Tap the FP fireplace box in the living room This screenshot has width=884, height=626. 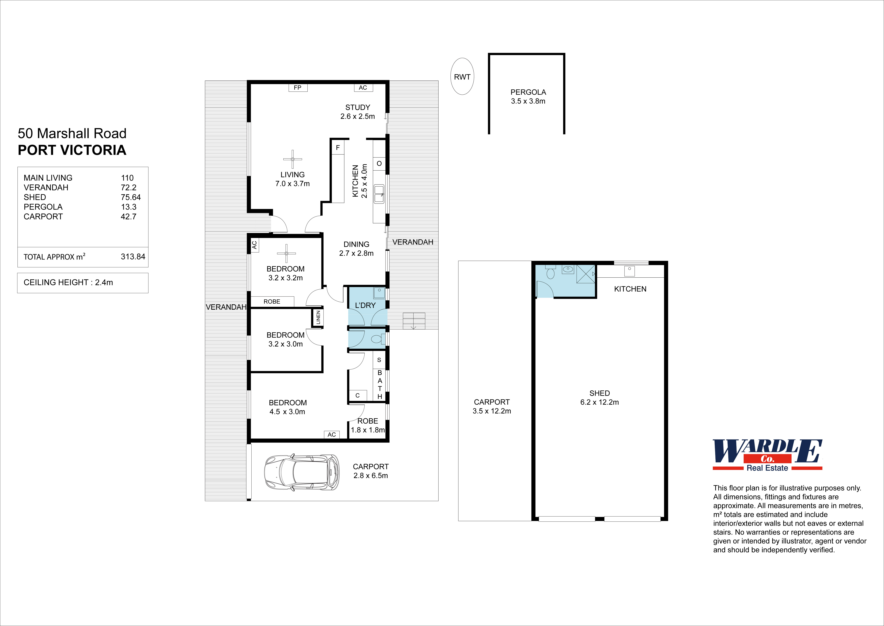pos(298,88)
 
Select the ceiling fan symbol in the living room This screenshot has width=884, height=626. pos(293,159)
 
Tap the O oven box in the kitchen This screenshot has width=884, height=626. pos(379,163)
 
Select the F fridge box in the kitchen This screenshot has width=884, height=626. pos(338,148)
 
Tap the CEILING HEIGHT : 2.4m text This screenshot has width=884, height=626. pos(68,283)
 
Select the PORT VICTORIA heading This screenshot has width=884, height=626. pos(72,150)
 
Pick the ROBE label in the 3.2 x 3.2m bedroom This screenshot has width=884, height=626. pos(272,301)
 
